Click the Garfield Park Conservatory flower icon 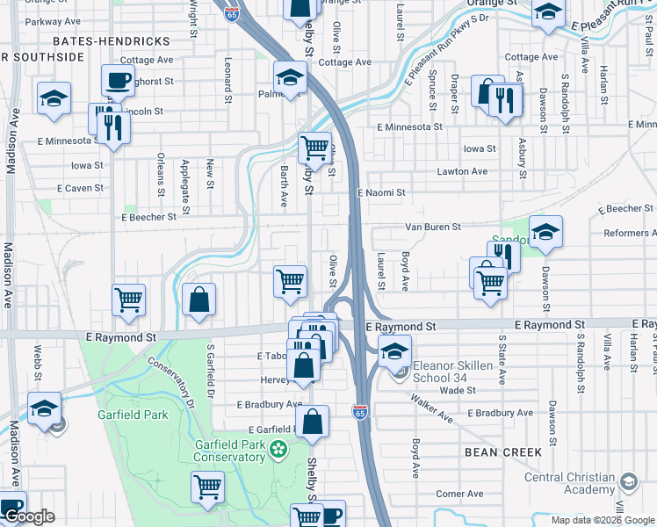click(x=278, y=450)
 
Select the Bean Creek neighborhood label click(x=500, y=451)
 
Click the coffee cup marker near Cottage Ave click(x=118, y=81)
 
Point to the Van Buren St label click(x=432, y=227)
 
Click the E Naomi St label click(x=381, y=192)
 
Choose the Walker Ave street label click(x=430, y=408)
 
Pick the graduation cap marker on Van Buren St click(x=545, y=232)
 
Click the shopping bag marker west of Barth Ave click(x=199, y=300)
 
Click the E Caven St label click(x=80, y=189)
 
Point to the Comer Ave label click(x=460, y=494)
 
